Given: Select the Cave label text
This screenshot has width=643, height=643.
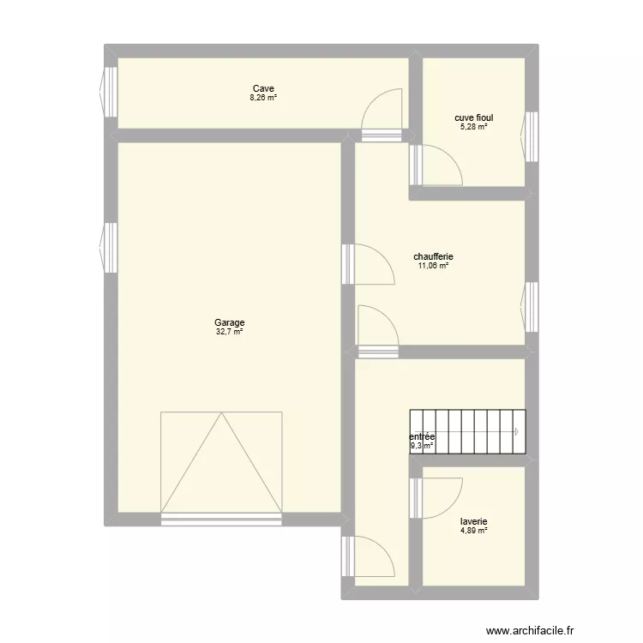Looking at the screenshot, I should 262,88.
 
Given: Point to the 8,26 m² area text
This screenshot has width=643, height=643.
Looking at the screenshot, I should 262,98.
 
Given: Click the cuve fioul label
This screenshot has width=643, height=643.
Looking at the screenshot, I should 473,118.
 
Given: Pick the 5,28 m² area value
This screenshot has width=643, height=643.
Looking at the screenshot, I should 473,127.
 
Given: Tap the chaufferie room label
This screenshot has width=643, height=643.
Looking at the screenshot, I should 433,256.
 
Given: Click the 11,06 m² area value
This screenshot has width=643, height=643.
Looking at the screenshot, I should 433,266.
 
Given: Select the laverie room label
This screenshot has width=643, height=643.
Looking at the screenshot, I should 473,521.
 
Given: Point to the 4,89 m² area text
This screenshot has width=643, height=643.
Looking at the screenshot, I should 473,531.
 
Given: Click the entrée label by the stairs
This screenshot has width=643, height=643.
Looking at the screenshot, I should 423,436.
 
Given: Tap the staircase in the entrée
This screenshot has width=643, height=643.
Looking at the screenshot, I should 467,431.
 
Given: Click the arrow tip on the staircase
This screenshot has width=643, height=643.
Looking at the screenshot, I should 519,431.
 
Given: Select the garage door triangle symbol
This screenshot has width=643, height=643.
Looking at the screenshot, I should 221,463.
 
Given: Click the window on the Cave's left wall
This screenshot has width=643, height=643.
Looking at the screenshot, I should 110,92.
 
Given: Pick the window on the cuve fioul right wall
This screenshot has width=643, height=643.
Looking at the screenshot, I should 532,136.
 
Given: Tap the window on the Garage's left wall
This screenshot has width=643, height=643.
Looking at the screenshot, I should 110,248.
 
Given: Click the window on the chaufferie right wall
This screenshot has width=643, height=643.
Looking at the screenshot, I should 532,306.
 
